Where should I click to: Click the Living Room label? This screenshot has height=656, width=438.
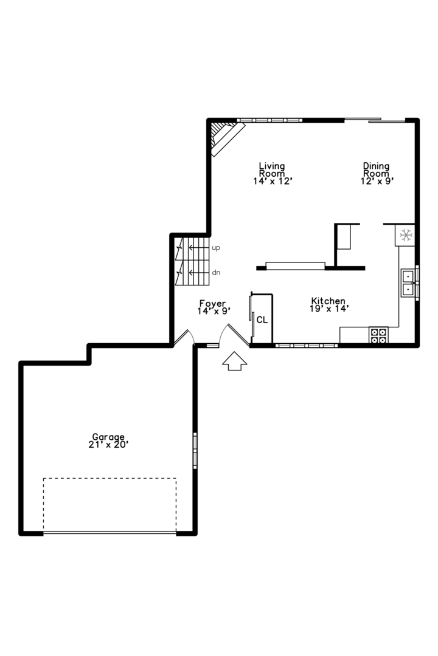point(272,169)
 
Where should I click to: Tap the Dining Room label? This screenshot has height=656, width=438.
point(376,169)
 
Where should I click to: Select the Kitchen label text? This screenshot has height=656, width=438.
point(328,301)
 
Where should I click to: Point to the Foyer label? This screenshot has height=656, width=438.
point(212,304)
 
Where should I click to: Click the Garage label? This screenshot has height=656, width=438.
point(108,437)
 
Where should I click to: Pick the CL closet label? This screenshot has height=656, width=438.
point(262,319)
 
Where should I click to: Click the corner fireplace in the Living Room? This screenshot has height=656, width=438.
point(224,137)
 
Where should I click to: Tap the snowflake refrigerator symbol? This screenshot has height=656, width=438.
point(405,234)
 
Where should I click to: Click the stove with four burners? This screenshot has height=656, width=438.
point(379,336)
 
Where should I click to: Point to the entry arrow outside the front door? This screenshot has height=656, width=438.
point(234,362)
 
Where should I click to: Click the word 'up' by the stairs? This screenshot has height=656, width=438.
point(216,248)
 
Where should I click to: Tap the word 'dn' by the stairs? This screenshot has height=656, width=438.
point(216,273)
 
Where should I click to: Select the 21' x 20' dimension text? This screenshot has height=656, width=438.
point(108,445)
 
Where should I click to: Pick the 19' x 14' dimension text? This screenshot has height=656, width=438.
point(329,309)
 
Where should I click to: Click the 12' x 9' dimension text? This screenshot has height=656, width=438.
point(376,181)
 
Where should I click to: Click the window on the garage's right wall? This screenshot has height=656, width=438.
point(195,449)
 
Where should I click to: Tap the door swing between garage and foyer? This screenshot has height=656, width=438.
point(184,338)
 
